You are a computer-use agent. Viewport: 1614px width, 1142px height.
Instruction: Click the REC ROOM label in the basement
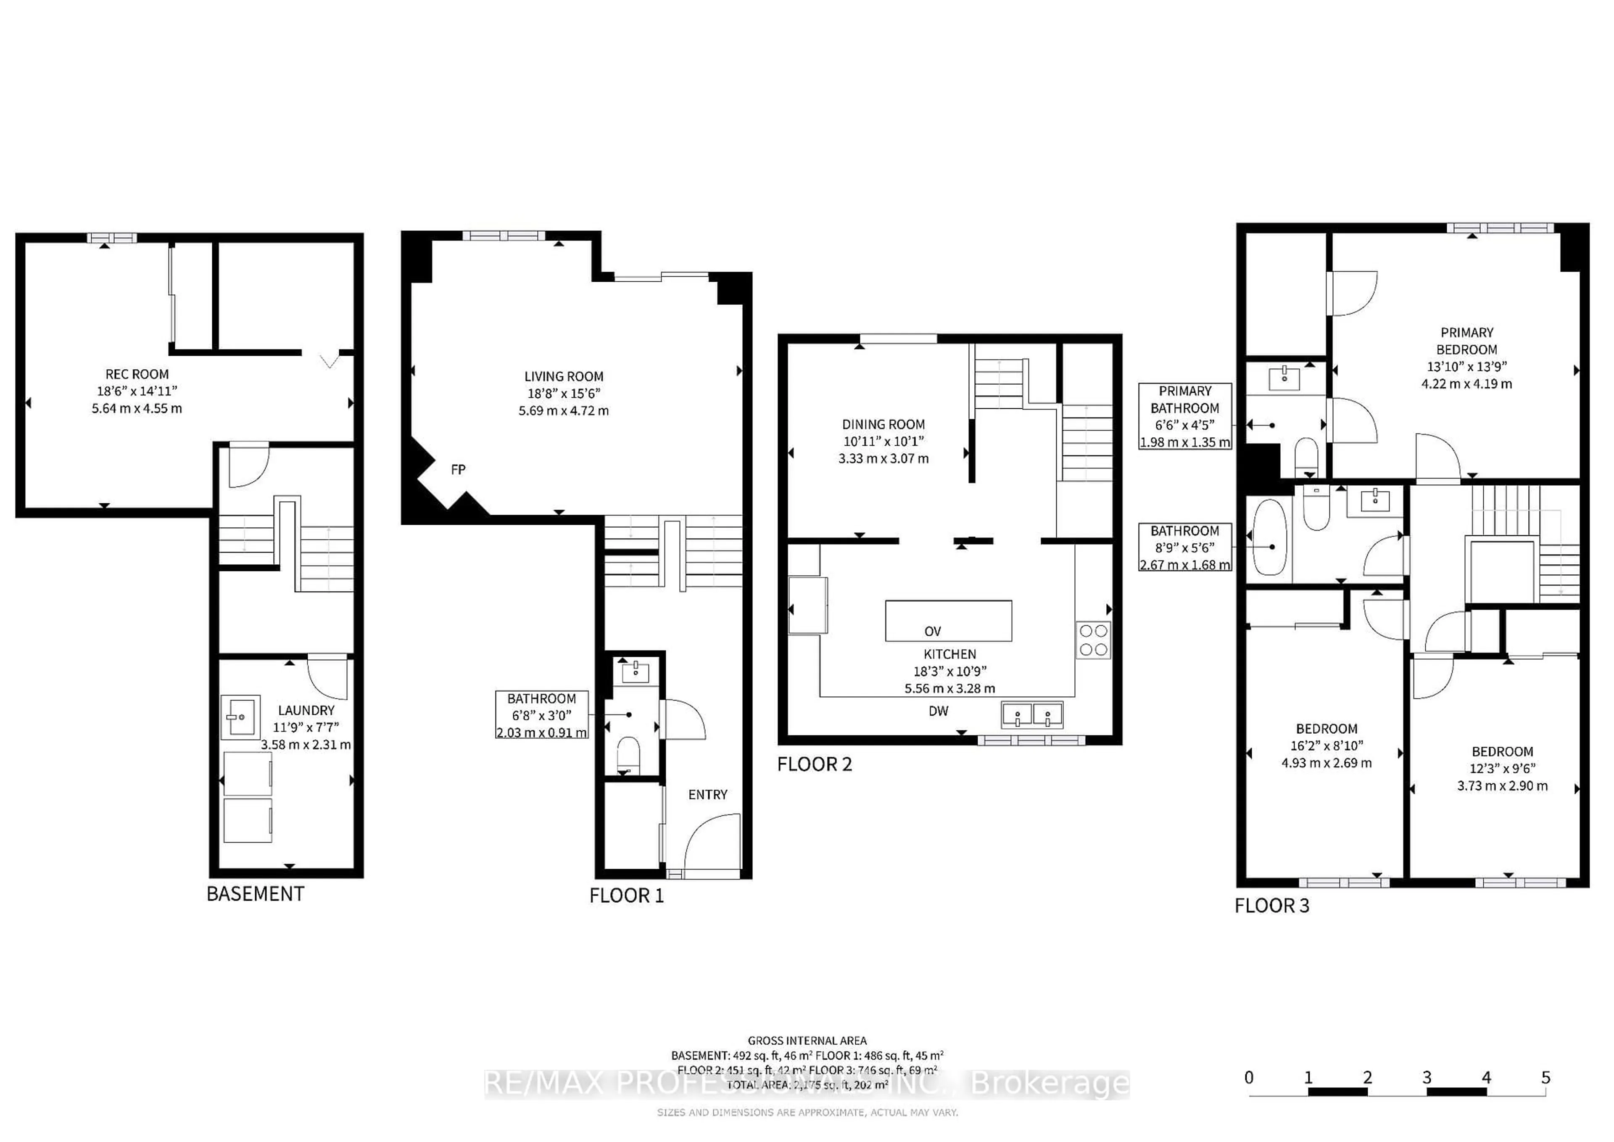click(x=137, y=374)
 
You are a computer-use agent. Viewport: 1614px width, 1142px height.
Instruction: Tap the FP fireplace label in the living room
click(x=458, y=469)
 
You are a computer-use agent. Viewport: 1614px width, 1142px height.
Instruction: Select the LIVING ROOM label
click(x=564, y=376)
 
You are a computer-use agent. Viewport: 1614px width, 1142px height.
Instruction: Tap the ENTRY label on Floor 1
click(x=707, y=795)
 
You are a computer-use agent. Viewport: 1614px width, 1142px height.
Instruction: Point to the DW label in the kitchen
click(x=939, y=711)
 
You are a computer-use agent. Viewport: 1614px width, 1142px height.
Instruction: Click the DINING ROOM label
click(x=883, y=424)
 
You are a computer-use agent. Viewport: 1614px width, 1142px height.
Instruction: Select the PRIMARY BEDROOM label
click(x=1466, y=341)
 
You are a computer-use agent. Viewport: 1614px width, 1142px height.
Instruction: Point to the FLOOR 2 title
click(x=814, y=764)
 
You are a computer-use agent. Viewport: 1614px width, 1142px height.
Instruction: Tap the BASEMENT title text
click(x=255, y=894)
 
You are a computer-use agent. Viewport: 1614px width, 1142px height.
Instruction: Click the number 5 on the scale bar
click(x=1545, y=1077)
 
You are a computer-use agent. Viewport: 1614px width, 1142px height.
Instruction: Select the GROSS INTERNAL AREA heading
click(x=807, y=1040)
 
